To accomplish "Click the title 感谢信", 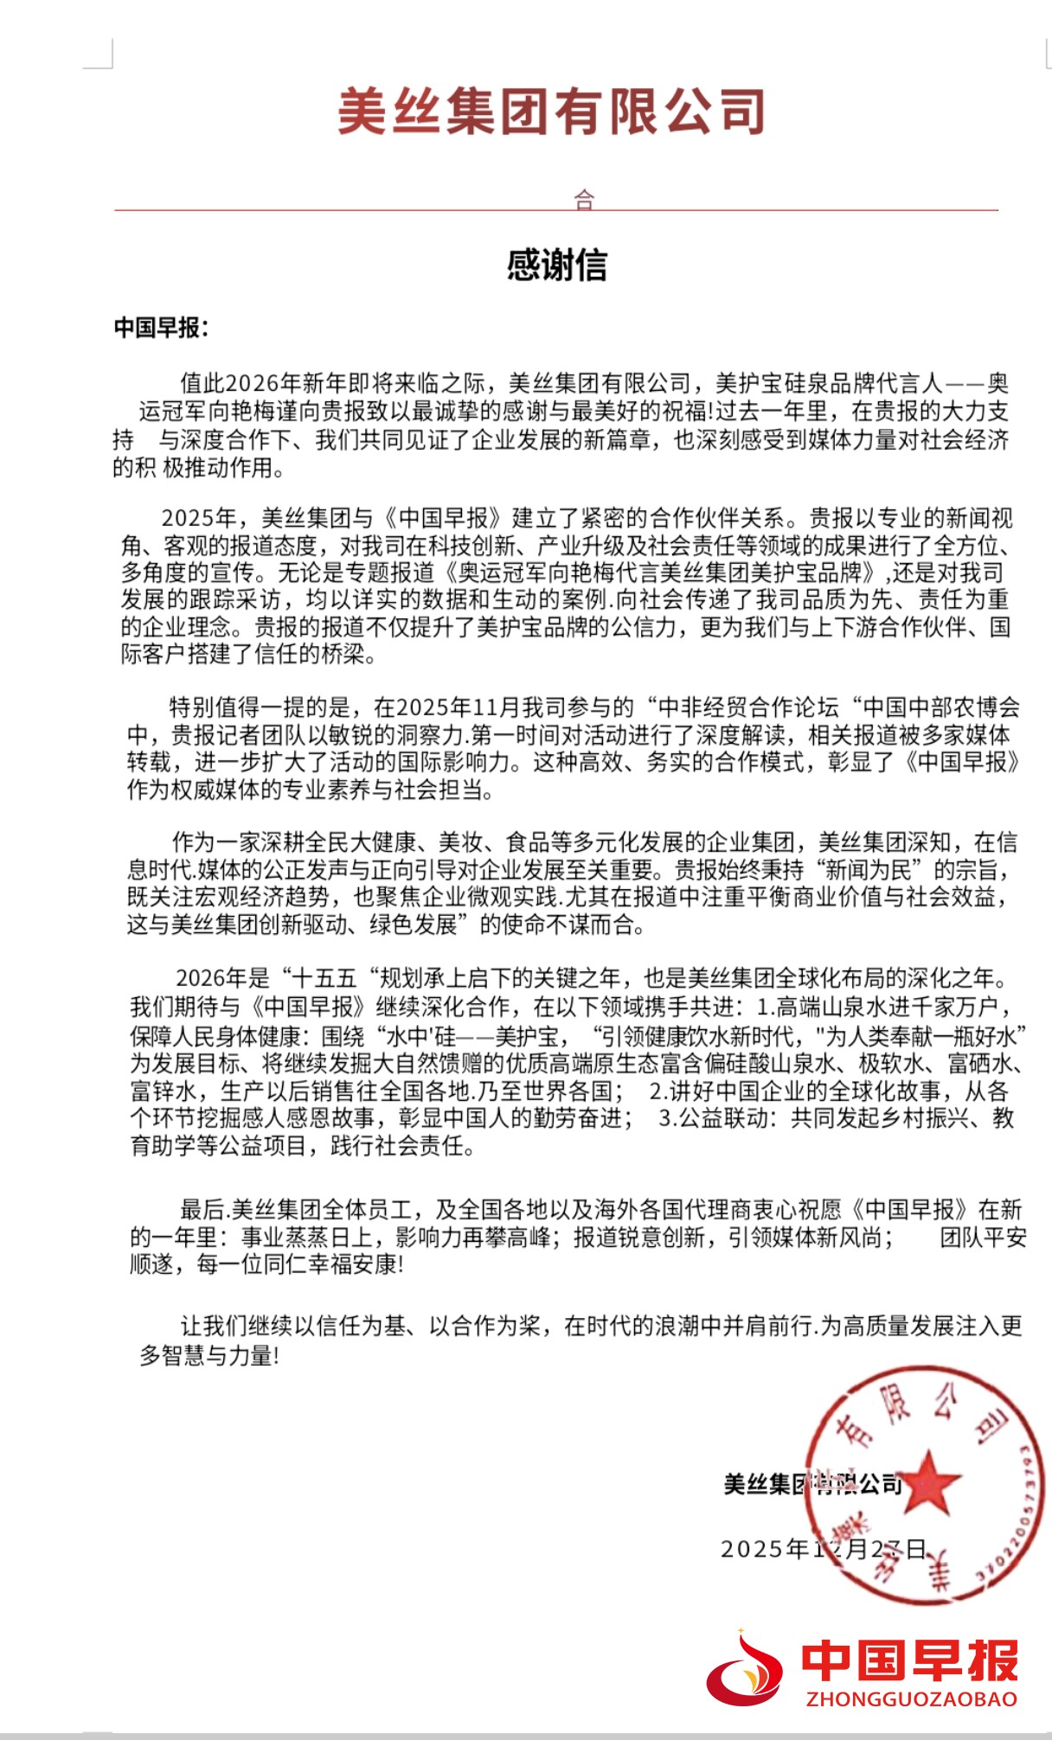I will pos(556,265).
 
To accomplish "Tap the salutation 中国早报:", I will pos(161,329).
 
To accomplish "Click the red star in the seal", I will pos(929,1481).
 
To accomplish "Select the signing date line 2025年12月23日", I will pos(824,1548).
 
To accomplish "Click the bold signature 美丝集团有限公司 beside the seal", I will pos(812,1485).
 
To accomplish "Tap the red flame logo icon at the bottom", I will pos(746,1671).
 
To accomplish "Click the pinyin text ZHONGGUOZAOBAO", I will pos(911,1699).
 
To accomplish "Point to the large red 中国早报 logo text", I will pos(909,1659).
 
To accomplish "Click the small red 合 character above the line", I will pos(585,200).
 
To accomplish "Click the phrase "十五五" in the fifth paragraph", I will pos(326,979).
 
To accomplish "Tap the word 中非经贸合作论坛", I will pos(749,707).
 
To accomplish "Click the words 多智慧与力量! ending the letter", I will pos(210,1355).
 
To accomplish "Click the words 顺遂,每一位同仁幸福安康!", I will pos(266,1264).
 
